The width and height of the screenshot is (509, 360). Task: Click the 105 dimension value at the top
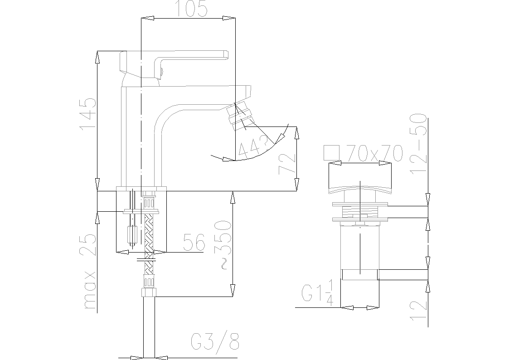(x=192, y=8)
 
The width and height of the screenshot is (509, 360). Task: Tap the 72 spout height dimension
(x=287, y=164)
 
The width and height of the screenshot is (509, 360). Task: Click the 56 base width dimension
(x=194, y=242)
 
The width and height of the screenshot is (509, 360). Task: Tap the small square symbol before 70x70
(x=331, y=153)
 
